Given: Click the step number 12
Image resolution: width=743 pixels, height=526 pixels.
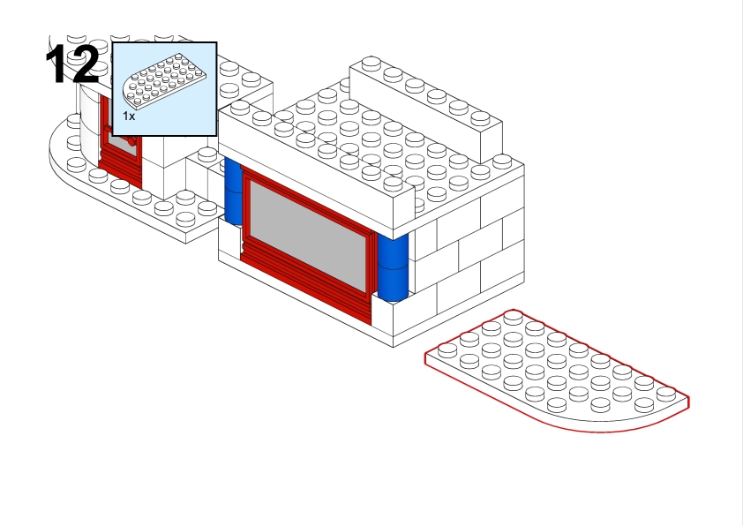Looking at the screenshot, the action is point(72,64).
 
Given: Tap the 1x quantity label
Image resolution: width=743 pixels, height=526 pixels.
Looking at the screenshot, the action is point(129,116).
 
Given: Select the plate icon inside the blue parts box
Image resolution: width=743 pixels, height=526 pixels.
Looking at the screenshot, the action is point(164,81).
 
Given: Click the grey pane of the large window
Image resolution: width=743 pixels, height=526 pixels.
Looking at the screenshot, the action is point(308,236).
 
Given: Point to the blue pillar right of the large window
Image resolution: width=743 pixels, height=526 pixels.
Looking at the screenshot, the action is point(393,267).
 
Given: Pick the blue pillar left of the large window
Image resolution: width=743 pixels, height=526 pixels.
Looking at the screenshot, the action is point(233,192).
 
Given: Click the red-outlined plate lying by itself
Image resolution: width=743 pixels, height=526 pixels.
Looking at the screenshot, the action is point(557,371).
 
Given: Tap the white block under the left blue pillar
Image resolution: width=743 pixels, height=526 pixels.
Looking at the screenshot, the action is point(229,242).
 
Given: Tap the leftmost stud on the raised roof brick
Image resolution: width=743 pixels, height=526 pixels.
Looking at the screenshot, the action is point(371,62).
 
